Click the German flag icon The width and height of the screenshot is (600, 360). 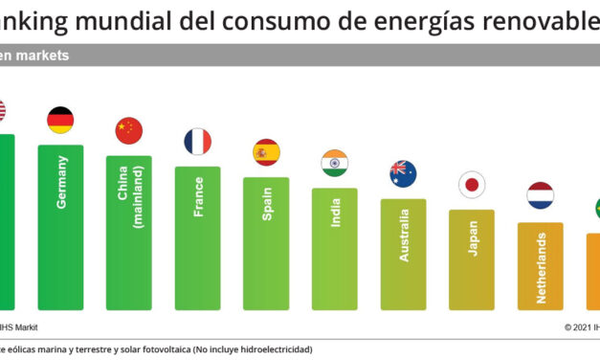[60, 121]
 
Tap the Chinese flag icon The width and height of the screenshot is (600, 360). [128, 130]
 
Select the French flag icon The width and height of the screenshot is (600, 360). [197, 142]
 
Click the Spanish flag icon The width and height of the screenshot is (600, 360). [266, 152]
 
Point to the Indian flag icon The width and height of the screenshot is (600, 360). [335, 163]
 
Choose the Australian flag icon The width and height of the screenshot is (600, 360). [403, 173]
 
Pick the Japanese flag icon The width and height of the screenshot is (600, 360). [472, 185]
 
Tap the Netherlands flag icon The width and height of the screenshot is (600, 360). [541, 195]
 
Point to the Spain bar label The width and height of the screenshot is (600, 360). [267, 204]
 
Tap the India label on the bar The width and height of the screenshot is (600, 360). [336, 213]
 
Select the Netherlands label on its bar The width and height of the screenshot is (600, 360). [542, 267]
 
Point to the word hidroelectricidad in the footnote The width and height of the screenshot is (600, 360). [270, 349]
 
